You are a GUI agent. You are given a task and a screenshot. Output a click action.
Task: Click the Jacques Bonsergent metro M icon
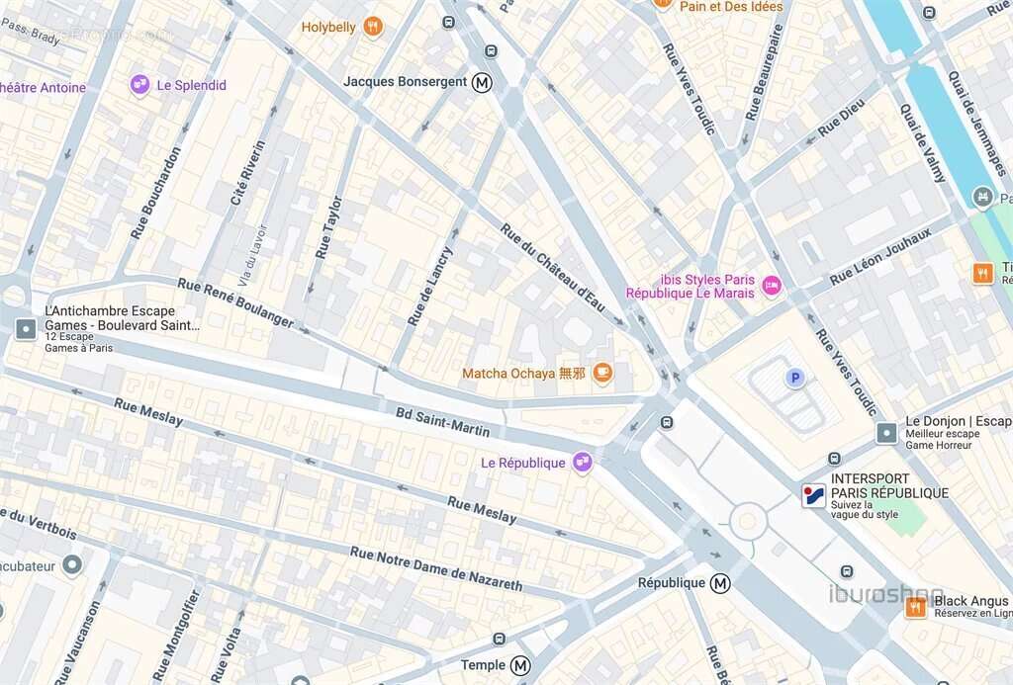[x=482, y=82]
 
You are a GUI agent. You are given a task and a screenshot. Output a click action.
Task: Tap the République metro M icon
[x=721, y=583]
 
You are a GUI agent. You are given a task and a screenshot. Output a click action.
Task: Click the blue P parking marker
[x=793, y=378]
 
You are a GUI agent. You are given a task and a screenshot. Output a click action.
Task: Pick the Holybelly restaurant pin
[x=373, y=27]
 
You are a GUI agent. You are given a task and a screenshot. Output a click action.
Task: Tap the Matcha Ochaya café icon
[x=602, y=373]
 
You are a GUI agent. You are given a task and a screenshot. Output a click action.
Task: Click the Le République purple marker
[x=582, y=462]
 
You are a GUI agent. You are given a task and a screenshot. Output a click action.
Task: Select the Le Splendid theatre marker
[x=139, y=85]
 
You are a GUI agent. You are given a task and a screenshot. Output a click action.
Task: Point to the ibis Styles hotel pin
[x=772, y=286]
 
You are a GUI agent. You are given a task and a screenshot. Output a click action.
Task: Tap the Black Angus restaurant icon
[x=916, y=607]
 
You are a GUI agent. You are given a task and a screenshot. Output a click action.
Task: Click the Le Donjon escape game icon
[x=886, y=432]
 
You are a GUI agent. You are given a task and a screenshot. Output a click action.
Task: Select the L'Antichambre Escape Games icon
[x=26, y=328]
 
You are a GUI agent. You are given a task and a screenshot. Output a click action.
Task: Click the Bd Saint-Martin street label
[x=442, y=421]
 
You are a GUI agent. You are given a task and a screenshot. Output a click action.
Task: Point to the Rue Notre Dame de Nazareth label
[x=435, y=568]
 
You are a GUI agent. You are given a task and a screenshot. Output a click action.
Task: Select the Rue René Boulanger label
[x=235, y=302]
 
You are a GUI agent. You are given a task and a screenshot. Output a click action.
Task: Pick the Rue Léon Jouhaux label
[x=880, y=256]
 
